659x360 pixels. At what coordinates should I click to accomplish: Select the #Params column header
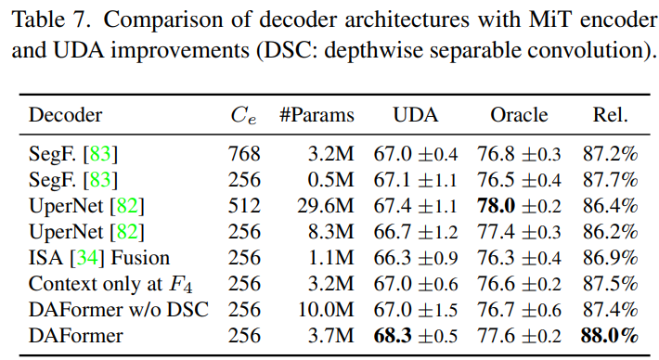tap(317, 116)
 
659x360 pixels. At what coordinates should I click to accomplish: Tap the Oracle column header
tap(519, 116)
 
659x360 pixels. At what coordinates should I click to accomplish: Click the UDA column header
tap(416, 116)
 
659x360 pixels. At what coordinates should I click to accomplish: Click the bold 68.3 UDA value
tap(393, 335)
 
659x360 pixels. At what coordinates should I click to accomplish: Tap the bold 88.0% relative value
tap(610, 335)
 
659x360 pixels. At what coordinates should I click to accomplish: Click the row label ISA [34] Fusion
tap(99, 257)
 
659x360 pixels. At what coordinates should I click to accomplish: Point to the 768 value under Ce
tap(245, 153)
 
